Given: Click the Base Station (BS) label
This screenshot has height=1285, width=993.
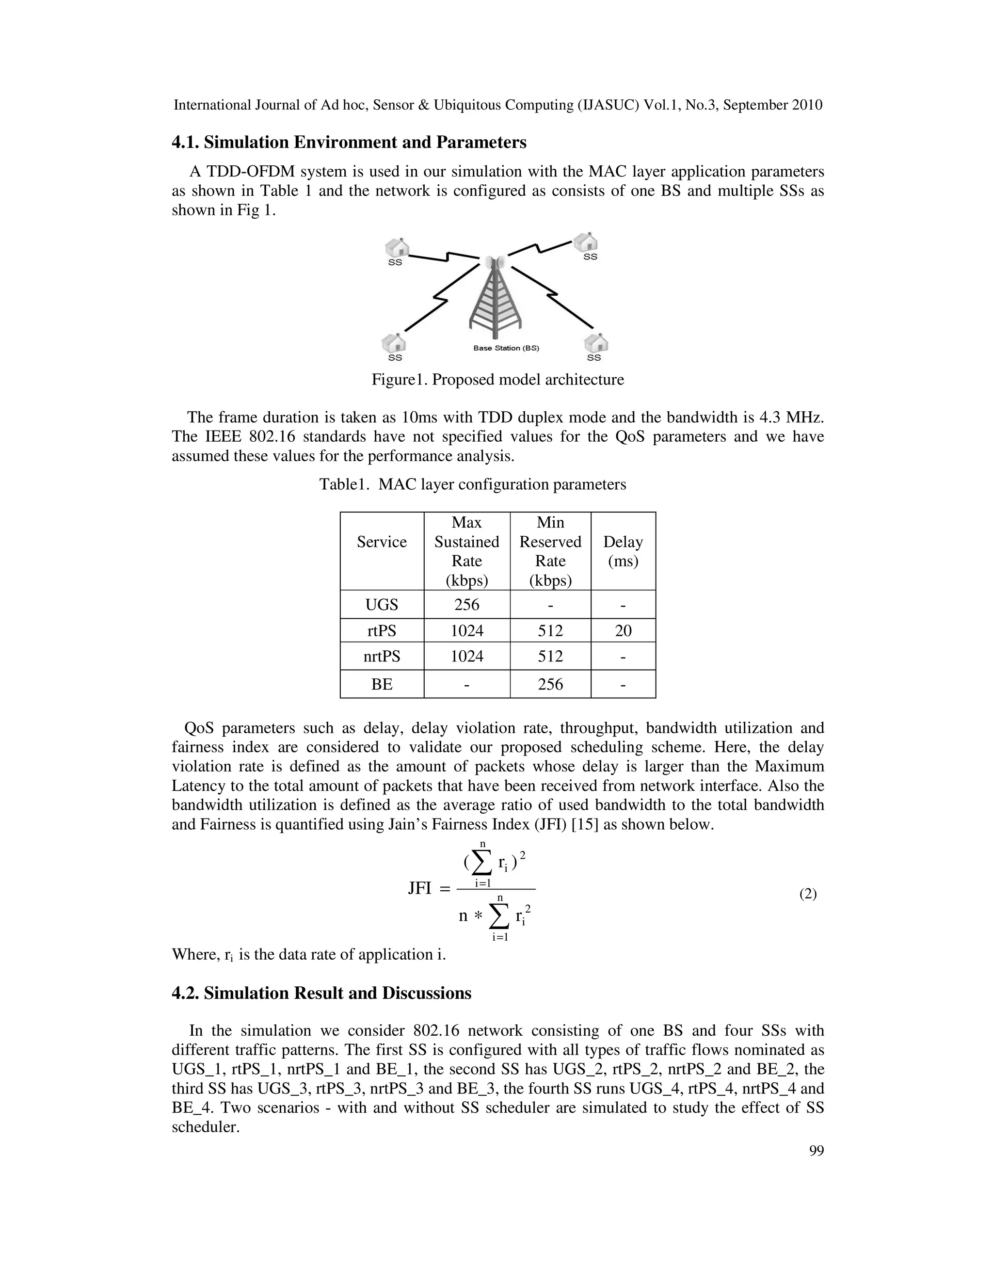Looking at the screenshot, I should (x=506, y=348).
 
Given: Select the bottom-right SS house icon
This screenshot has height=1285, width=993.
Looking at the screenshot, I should (x=595, y=342).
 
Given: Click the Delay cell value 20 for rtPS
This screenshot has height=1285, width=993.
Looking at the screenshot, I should (x=623, y=631).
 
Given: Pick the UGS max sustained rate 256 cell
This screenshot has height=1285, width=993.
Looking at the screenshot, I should (x=466, y=604).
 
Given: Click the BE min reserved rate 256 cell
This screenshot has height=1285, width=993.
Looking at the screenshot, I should (x=550, y=684).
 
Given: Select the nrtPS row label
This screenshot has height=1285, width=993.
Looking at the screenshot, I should (x=382, y=656).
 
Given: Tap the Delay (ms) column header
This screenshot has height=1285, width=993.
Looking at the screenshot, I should (x=623, y=551).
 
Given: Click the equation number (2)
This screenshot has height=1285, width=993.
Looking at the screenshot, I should (x=808, y=894).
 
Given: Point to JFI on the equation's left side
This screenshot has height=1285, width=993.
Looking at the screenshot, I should (x=420, y=888).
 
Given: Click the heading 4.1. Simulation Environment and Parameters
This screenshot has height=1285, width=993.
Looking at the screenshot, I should (x=349, y=143).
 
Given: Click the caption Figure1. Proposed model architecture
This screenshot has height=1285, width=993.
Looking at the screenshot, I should (x=497, y=380).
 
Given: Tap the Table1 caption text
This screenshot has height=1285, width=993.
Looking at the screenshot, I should (x=472, y=484).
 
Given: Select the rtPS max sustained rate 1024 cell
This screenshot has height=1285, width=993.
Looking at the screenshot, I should (x=466, y=631).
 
